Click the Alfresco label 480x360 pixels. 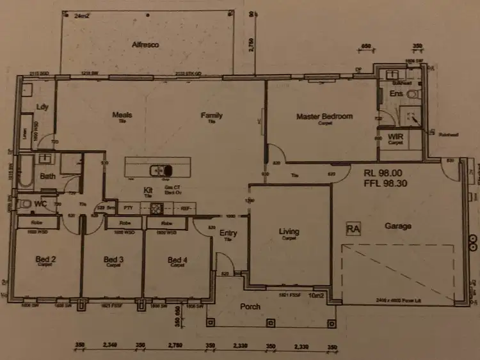[145, 45]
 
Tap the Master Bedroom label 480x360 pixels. [324, 116]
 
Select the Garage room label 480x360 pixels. [397, 226]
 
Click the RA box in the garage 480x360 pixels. [353, 228]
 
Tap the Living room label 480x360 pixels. [289, 231]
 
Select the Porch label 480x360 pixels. [250, 306]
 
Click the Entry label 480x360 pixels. [228, 233]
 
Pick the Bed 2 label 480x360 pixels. [45, 259]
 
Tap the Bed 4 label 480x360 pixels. [177, 260]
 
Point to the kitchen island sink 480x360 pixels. [160, 170]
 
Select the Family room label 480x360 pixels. [211, 116]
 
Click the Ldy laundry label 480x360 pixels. [43, 107]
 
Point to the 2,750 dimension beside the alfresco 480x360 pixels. [251, 46]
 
